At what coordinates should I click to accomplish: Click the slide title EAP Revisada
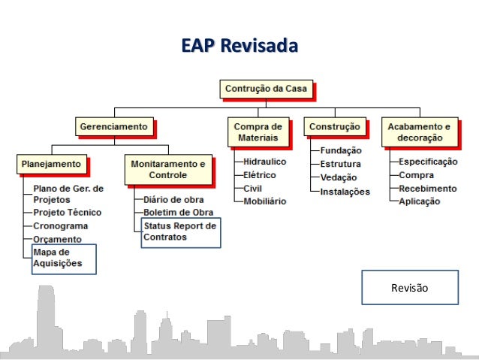[x=239, y=46]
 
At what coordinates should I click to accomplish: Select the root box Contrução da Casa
[x=266, y=89]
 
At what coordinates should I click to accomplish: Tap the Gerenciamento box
[x=113, y=126]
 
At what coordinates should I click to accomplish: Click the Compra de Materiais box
[x=258, y=132]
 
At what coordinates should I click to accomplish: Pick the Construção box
[x=336, y=126]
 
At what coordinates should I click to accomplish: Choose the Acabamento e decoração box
[x=419, y=132]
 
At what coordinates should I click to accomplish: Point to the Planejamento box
[x=52, y=163]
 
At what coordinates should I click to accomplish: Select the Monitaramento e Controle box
[x=167, y=169]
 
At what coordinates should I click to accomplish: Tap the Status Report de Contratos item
[x=180, y=231]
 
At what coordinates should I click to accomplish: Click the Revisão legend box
[x=410, y=288]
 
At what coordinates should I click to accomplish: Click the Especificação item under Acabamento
[x=428, y=162]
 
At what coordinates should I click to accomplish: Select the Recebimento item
[x=426, y=188]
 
